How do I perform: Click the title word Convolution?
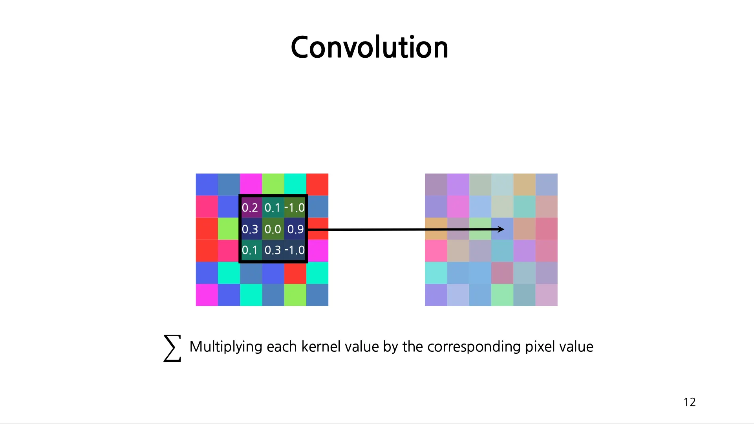pyautogui.click(x=369, y=47)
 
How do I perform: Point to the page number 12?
pyautogui.click(x=690, y=402)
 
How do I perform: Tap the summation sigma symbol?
pyautogui.click(x=172, y=348)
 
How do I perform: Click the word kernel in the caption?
pyautogui.click(x=320, y=347)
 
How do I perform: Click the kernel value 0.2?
pyautogui.click(x=250, y=208)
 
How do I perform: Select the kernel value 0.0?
pyautogui.click(x=273, y=229)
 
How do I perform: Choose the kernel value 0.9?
pyautogui.click(x=295, y=229)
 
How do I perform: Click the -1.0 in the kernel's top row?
pyautogui.click(x=295, y=208)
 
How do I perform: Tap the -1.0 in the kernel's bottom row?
pyautogui.click(x=295, y=250)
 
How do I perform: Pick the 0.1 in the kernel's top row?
pyautogui.click(x=272, y=208)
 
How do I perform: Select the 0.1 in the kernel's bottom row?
pyautogui.click(x=249, y=250)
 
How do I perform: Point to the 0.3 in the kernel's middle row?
pyautogui.click(x=250, y=229)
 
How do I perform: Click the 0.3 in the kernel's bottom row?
pyautogui.click(x=273, y=250)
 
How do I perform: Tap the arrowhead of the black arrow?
pyautogui.click(x=501, y=229)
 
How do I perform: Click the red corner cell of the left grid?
pyautogui.click(x=317, y=185)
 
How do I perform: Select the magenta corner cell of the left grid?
pyautogui.click(x=207, y=295)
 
